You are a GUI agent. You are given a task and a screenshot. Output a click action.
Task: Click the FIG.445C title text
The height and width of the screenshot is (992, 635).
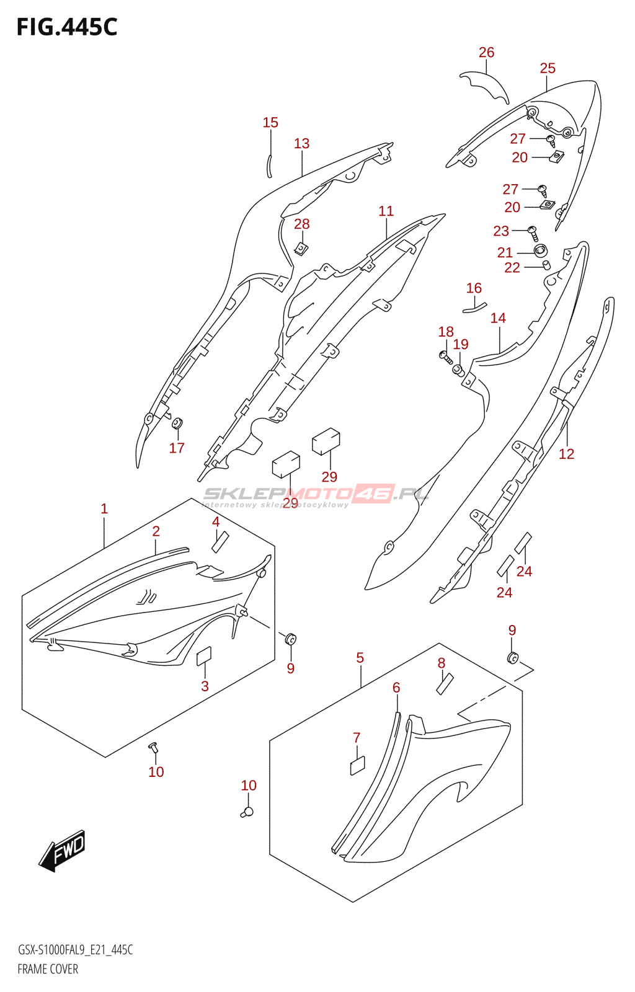(67, 27)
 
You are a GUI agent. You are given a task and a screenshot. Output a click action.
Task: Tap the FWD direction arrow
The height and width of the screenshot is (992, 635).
(63, 850)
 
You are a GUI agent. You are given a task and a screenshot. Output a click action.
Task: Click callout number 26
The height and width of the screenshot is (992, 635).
(487, 53)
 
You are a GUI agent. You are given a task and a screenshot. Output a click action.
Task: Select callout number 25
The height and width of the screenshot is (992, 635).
(548, 68)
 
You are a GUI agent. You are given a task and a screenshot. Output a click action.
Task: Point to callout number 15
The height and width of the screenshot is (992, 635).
(270, 123)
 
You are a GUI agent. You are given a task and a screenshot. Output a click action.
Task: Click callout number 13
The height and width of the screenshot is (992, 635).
(301, 144)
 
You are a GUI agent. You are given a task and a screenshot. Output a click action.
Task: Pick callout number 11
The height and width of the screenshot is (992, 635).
(386, 211)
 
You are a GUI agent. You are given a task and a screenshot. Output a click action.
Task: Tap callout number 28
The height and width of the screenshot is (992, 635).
(302, 224)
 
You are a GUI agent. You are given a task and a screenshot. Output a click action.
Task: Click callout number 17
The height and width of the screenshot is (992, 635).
(177, 448)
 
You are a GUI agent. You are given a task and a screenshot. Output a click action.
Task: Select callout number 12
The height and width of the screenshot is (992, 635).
(566, 454)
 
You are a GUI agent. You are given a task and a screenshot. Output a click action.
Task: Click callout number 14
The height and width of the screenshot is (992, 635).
(498, 318)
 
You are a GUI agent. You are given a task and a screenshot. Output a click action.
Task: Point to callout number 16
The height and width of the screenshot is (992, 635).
(474, 288)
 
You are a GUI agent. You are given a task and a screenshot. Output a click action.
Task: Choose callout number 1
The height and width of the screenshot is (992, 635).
(104, 509)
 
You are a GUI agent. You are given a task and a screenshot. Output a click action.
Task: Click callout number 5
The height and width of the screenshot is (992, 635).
(360, 658)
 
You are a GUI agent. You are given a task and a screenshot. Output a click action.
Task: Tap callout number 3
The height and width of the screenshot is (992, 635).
(205, 686)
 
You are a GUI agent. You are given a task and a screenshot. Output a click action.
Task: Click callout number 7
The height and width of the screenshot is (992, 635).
(357, 738)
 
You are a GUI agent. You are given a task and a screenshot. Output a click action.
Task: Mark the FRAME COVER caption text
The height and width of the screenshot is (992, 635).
(48, 969)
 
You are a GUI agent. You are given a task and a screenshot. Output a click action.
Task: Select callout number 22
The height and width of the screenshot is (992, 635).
(512, 268)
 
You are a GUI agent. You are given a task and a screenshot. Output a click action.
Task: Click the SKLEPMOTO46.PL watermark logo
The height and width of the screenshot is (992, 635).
(316, 495)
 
